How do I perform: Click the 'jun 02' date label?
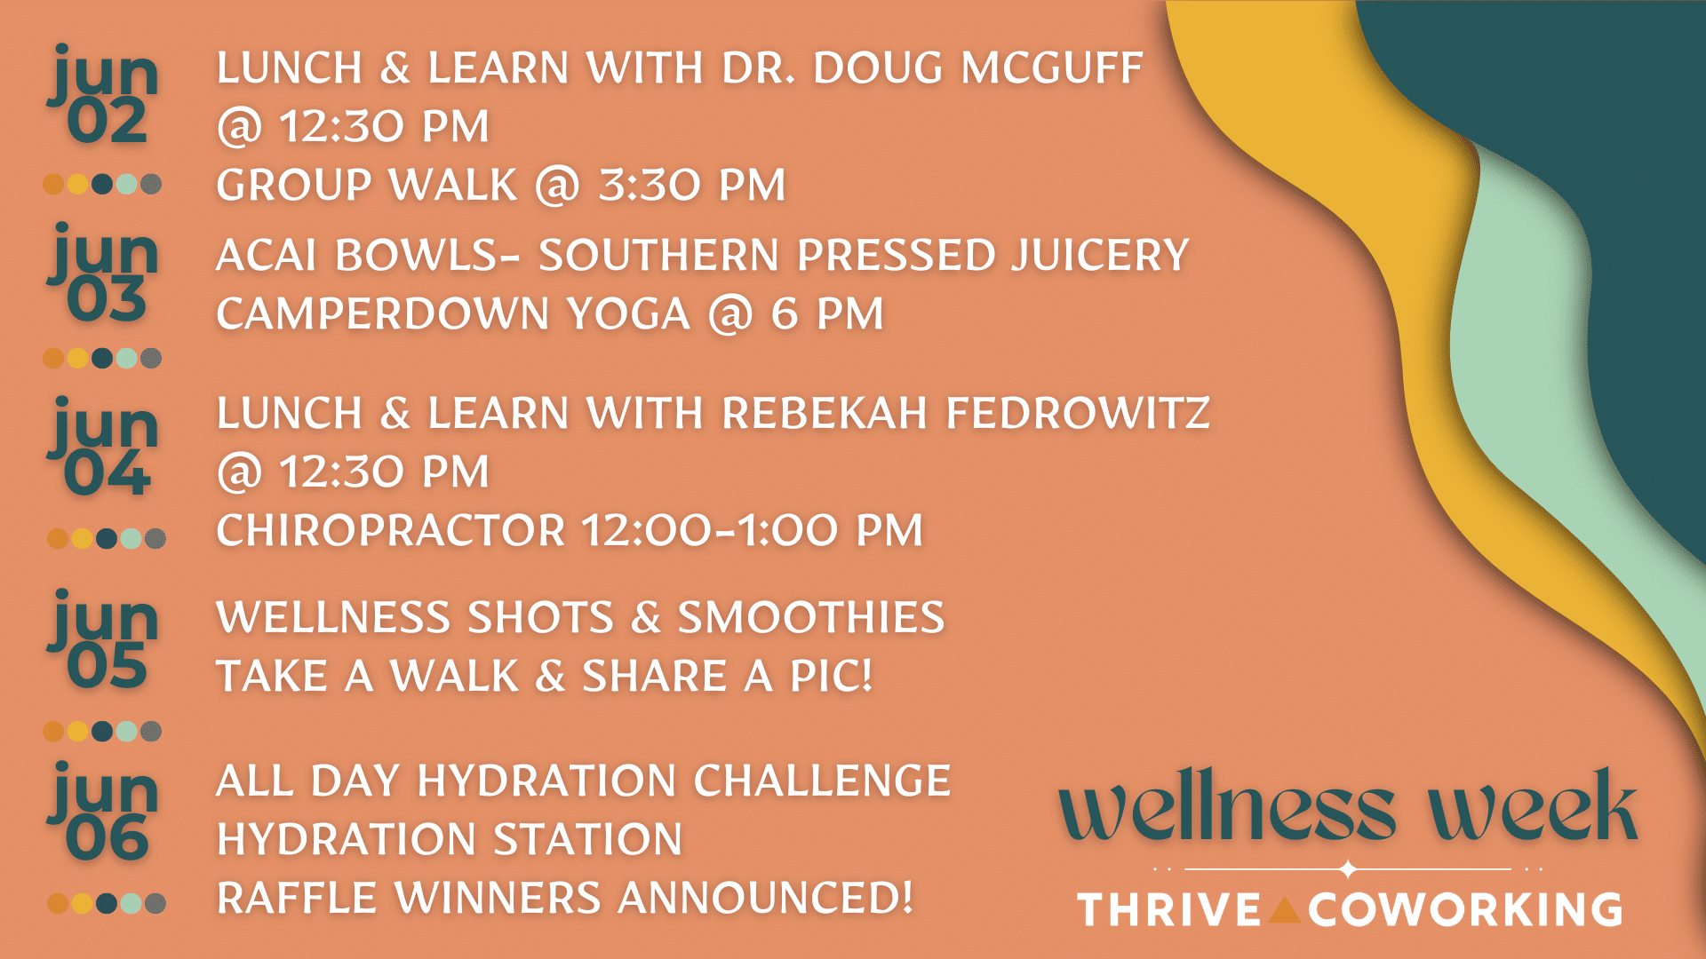(104, 95)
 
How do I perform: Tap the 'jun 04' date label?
(104, 447)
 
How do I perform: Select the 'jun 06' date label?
(104, 812)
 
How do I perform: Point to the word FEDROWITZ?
(1078, 414)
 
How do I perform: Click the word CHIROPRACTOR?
(391, 531)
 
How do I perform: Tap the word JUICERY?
(1100, 256)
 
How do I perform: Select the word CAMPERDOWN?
(383, 314)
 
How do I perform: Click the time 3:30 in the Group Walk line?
(650, 186)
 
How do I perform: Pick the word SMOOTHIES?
(811, 618)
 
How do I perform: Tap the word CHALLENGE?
(822, 781)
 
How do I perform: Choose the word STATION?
(588, 840)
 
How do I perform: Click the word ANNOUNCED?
(765, 899)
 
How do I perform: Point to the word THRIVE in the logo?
(1169, 910)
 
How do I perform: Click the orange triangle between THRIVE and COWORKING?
(1285, 911)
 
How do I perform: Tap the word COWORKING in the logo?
(1465, 910)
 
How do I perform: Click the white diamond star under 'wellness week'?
(1348, 868)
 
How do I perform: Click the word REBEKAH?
(825, 414)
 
